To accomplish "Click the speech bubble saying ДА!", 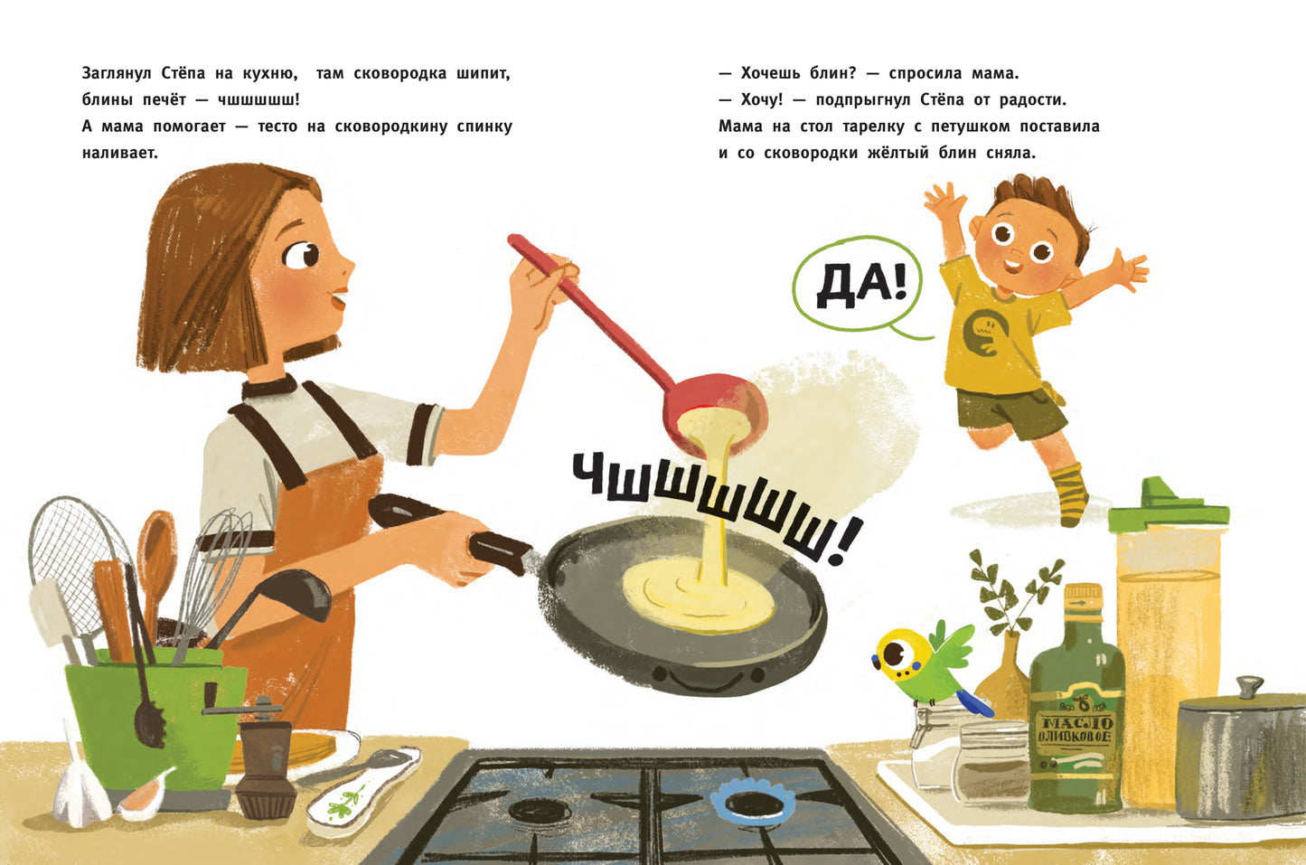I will tap(857, 287).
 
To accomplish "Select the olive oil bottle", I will tap(1076, 714).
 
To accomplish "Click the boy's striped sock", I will tap(1069, 493).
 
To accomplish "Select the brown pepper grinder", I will tap(265, 764).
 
